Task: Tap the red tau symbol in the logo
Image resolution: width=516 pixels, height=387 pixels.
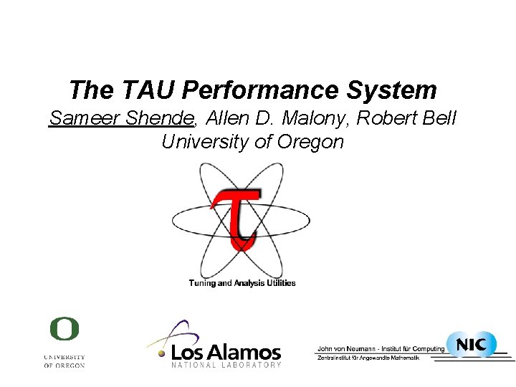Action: point(237,215)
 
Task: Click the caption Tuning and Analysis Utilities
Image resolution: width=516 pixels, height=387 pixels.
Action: point(242,283)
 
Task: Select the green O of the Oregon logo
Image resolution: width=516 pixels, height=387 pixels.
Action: point(64,330)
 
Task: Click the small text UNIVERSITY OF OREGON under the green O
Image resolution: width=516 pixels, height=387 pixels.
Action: point(64,360)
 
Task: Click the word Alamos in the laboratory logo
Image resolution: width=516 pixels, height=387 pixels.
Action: point(247,352)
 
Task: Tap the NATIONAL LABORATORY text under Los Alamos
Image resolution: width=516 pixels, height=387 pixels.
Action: point(226,365)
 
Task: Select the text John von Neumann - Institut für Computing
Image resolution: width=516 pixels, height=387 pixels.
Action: point(381,349)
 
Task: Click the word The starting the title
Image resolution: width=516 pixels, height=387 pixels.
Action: point(90,90)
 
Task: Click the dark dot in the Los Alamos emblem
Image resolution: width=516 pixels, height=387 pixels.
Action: point(163,353)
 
